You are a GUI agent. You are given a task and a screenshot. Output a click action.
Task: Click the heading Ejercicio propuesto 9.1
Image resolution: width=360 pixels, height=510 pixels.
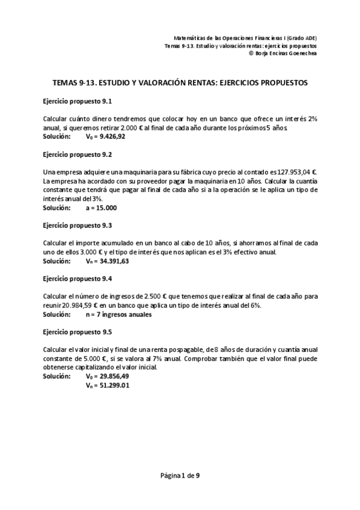78,101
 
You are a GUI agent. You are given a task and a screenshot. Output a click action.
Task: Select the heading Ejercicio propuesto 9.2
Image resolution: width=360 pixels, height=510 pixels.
78,155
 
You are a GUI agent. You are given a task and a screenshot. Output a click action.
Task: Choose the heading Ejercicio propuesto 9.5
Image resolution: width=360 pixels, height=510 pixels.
78,332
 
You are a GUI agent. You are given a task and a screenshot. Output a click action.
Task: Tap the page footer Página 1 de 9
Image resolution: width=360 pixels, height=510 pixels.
180,476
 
